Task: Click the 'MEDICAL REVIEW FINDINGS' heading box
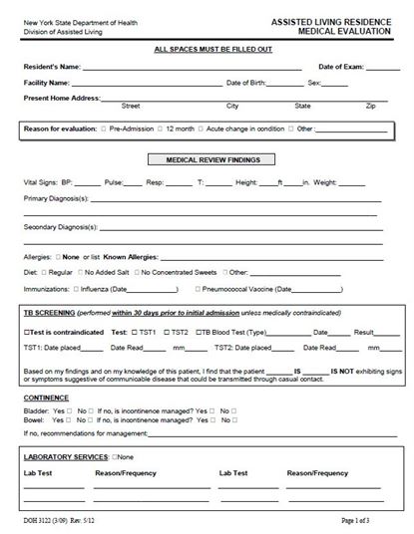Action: click(x=207, y=159)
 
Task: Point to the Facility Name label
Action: click(x=47, y=83)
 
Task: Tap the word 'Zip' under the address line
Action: click(x=370, y=105)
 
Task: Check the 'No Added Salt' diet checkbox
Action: click(x=81, y=272)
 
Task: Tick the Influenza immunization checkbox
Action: click(x=77, y=289)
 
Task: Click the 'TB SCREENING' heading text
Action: click(x=51, y=313)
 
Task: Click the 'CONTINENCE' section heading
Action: click(x=46, y=396)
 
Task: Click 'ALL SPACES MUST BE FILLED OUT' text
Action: click(x=207, y=49)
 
